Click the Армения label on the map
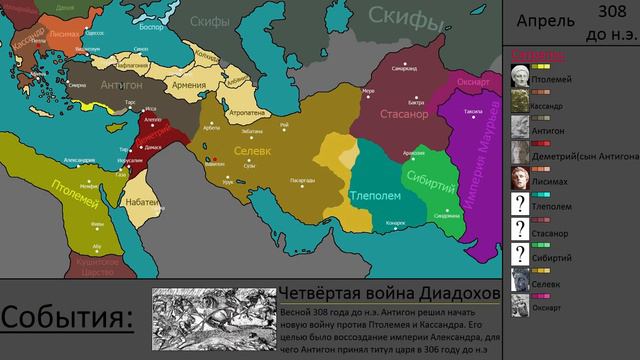click(190, 85)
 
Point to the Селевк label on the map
click(252, 151)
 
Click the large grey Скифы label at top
click(404, 15)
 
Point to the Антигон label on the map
click(121, 85)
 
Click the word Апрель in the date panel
click(546, 21)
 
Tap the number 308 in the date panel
click(612, 11)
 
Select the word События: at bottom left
click(66, 319)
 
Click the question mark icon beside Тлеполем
click(519, 204)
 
